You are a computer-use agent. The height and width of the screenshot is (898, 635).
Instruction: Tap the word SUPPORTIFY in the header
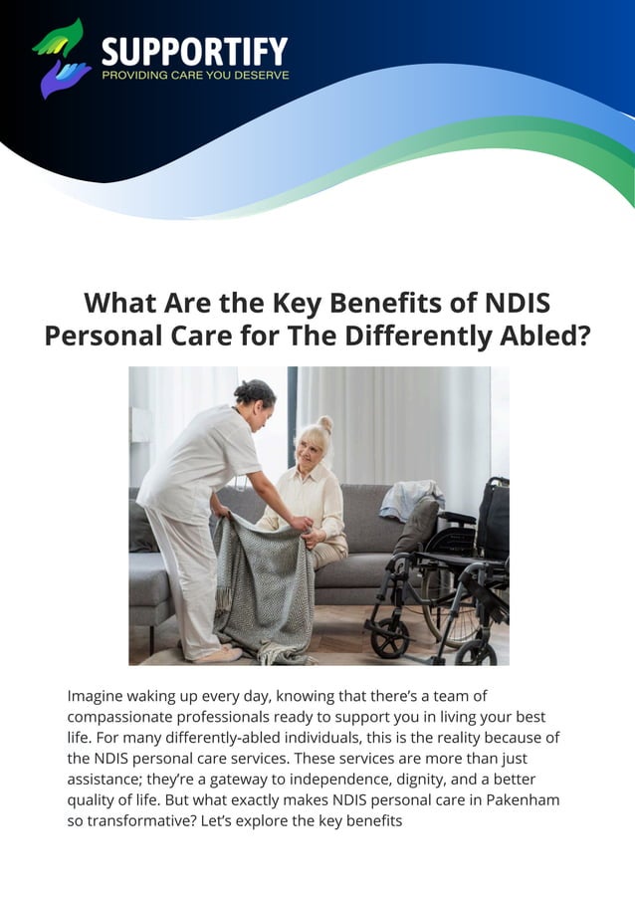coord(195,51)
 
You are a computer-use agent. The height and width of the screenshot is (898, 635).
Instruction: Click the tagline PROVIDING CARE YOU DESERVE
coord(195,75)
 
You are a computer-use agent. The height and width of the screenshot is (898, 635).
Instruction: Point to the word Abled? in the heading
coord(537,336)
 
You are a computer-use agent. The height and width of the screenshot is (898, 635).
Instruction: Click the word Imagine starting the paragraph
coord(100,695)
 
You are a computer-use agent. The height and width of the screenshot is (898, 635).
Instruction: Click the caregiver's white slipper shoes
coord(218,655)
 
